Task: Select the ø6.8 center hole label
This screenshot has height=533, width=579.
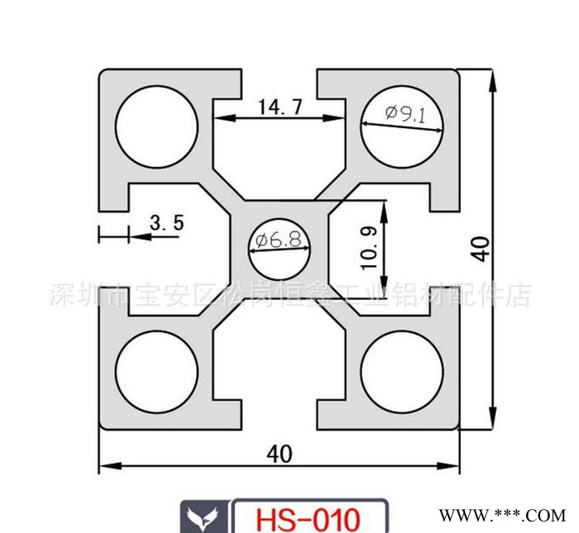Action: [279, 240]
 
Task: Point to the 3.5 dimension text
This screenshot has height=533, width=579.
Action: [167, 221]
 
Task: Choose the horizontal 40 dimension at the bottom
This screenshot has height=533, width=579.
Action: [280, 454]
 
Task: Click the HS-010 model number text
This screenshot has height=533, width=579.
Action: [308, 520]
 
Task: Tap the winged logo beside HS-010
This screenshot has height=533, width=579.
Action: [203, 519]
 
